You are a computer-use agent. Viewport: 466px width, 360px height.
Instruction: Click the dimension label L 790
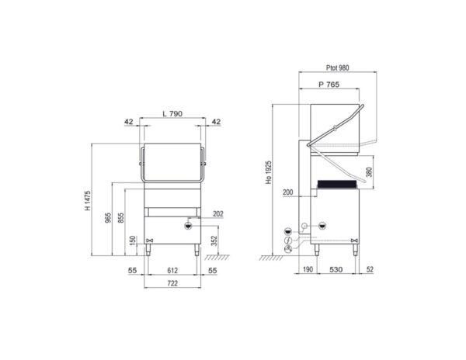pos(172,114)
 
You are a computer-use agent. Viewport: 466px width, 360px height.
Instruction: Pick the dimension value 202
pos(217,213)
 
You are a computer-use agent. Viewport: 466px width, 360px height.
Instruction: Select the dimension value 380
pos(369,173)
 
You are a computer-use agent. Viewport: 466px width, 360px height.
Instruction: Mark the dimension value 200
pos(288,192)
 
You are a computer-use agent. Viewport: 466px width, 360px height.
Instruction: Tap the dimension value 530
pos(336,269)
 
